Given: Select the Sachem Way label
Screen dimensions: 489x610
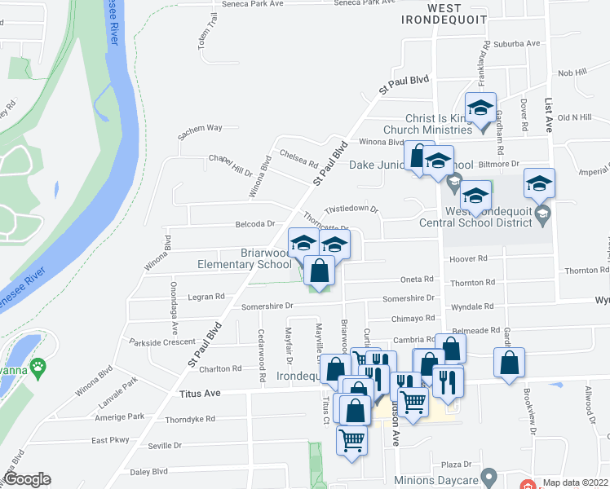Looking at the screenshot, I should [203, 128].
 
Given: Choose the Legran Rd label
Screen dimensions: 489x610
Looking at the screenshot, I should [208, 297].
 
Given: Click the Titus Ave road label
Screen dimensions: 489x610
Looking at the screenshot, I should [200, 394].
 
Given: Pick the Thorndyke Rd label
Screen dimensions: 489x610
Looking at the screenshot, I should [189, 419].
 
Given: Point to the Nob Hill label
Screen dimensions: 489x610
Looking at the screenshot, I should [572, 73].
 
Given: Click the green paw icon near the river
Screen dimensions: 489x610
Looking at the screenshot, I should [38, 367].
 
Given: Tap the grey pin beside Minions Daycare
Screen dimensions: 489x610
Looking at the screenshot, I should [488, 475].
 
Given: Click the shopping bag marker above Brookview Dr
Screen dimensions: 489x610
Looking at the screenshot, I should [509, 363].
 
